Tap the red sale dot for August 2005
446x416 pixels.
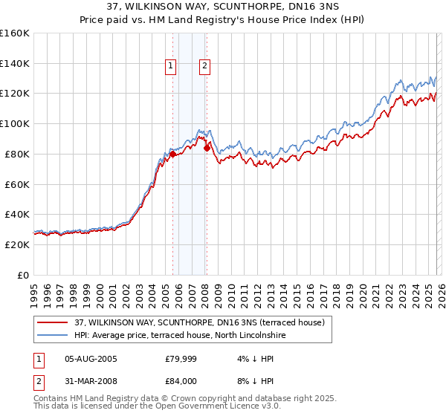click(173, 154)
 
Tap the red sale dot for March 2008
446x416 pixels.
click(207, 148)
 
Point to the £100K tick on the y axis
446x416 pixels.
click(15, 123)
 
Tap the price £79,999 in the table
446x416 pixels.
click(180, 359)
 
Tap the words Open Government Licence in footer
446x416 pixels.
click(189, 407)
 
